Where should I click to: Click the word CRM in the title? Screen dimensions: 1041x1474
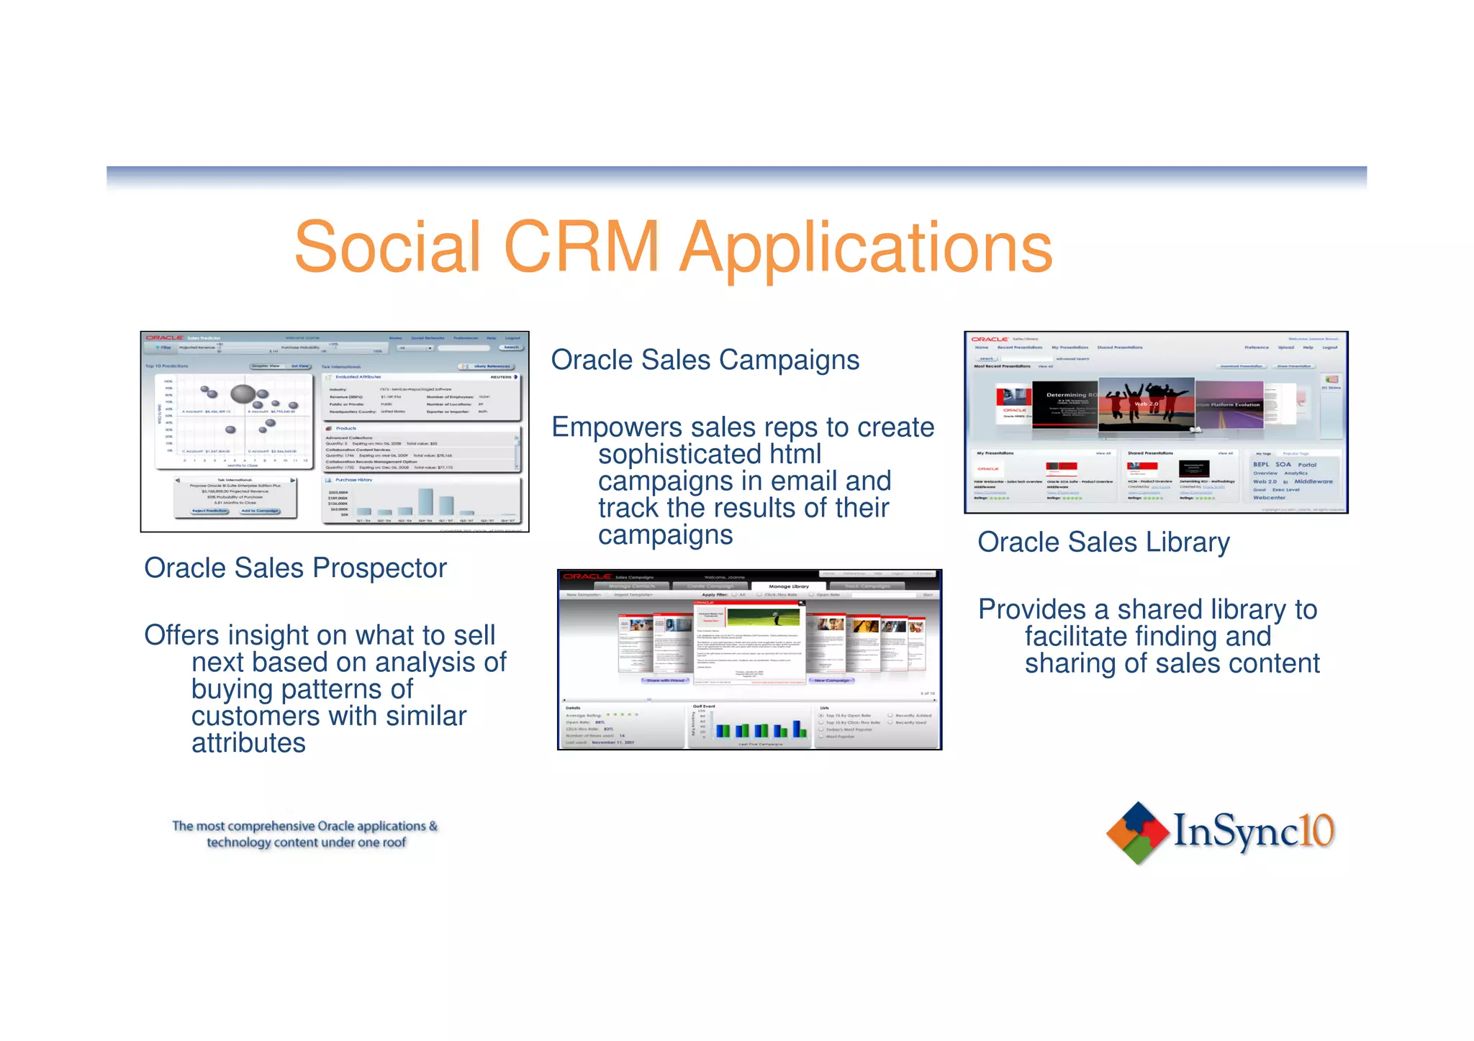(x=582, y=247)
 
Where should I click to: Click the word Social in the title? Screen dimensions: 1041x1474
(x=387, y=247)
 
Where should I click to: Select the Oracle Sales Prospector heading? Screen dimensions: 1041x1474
(x=295, y=568)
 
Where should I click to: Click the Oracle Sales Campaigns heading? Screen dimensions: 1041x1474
(x=705, y=360)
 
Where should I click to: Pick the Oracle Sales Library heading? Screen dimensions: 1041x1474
(x=1103, y=542)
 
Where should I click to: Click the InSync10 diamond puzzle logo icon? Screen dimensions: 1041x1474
(x=1136, y=832)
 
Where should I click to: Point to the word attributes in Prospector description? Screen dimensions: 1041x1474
(x=248, y=743)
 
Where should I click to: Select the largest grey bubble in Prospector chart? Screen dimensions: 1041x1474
(x=243, y=394)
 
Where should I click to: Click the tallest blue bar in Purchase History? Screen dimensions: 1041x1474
(x=425, y=501)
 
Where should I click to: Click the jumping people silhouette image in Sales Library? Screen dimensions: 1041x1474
(x=1146, y=404)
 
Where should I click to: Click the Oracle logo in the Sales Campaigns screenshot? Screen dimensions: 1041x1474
(x=587, y=576)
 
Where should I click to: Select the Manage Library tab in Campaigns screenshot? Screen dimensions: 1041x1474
(x=788, y=586)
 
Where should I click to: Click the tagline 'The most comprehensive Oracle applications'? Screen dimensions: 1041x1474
(x=304, y=827)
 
